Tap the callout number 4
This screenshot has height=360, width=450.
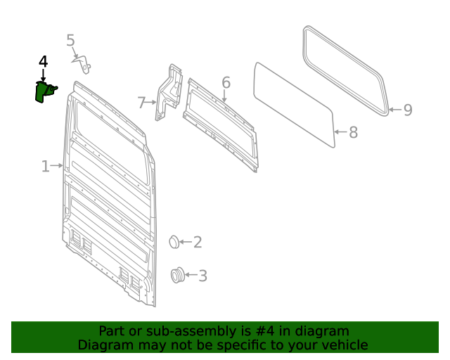[43, 62]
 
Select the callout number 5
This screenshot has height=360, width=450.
[70, 41]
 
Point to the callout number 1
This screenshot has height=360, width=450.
[45, 167]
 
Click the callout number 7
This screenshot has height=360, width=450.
[141, 103]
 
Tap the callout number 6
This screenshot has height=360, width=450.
[226, 83]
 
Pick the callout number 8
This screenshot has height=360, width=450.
[353, 132]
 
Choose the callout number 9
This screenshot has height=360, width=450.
[407, 110]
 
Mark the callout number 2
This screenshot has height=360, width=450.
[198, 243]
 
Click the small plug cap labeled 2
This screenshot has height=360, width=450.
[174, 243]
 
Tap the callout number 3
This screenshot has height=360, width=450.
[202, 276]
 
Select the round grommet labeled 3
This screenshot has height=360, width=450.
[178, 276]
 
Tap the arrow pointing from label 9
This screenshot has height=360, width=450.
[394, 110]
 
